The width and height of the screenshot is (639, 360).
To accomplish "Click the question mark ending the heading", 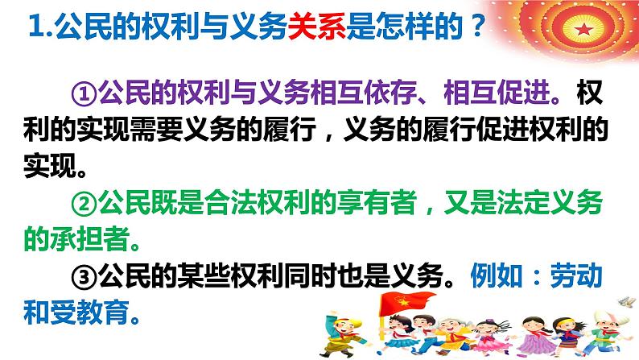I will pyautogui.click(x=476, y=32).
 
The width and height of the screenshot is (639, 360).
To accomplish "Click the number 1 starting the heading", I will pyautogui.click(x=33, y=32).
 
